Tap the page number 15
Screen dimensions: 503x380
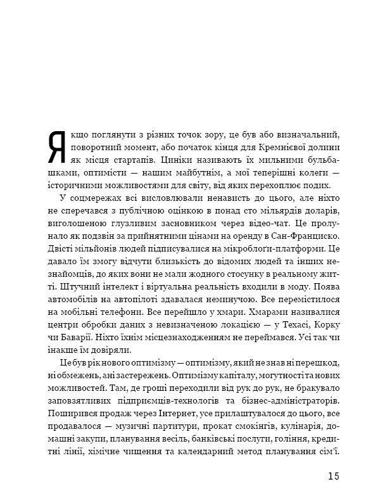pyautogui.click(x=334, y=476)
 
